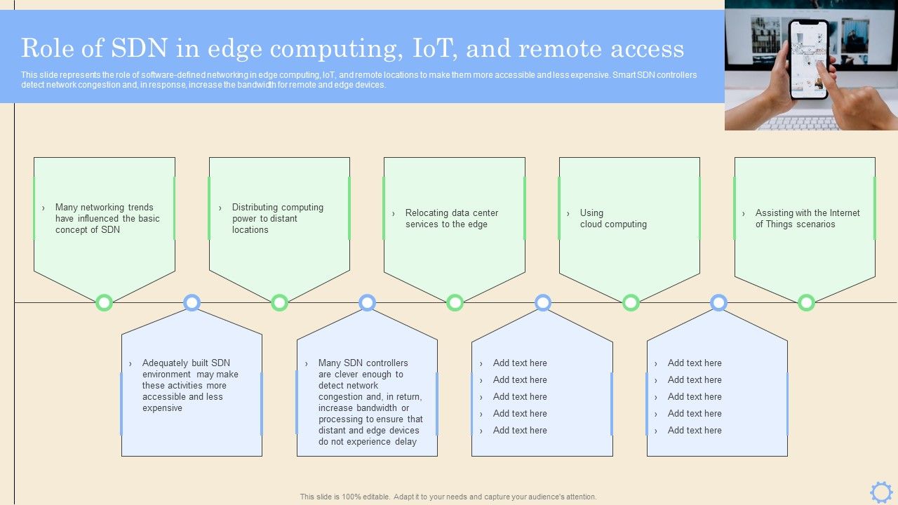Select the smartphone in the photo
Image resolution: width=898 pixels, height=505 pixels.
pos(808,59)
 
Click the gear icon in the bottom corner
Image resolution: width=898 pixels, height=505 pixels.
pos(881,492)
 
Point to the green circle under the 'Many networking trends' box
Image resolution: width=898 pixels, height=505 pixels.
pos(104,303)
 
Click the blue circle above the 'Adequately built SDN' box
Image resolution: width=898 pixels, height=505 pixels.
pos(192,303)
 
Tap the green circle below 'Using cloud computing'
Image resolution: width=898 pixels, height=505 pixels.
pos(631,303)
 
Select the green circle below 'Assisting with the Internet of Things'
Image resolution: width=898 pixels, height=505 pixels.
pos(806,303)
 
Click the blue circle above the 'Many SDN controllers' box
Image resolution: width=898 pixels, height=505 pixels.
pos(367,303)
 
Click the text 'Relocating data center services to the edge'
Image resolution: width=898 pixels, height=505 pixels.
pos(451,219)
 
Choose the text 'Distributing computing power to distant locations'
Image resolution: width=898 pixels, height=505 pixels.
pos(277,219)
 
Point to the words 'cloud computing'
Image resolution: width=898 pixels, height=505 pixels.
pos(613,224)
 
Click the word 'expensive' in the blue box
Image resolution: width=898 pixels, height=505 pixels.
pos(162,408)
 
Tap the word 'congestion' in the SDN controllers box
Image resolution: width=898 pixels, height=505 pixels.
pos(340,397)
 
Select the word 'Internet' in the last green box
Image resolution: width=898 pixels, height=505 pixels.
pos(845,213)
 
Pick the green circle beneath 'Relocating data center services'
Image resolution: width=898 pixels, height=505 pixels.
pos(455,303)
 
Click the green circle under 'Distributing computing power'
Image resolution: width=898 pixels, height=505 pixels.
pos(279,303)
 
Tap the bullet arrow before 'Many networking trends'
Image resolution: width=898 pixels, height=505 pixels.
pos(43,208)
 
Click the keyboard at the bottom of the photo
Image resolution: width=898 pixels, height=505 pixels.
pos(800,123)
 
